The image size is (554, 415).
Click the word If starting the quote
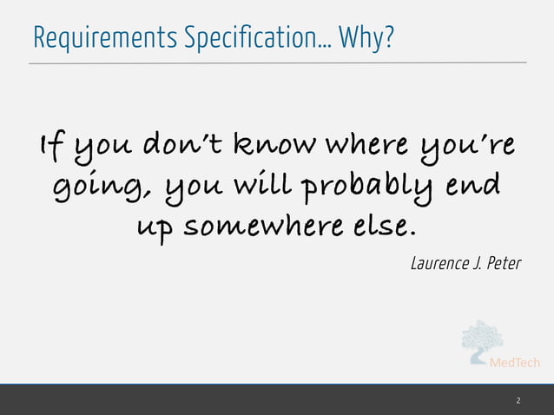(48, 148)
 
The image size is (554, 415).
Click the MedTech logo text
(517, 363)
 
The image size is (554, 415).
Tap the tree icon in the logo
(480, 341)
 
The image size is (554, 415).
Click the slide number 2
(518, 400)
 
